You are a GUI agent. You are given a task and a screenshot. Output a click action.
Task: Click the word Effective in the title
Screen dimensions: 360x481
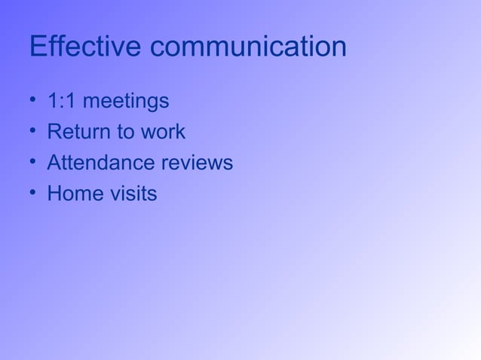pyautogui.click(x=85, y=47)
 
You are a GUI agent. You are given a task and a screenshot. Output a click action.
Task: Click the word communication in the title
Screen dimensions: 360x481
pyautogui.click(x=249, y=47)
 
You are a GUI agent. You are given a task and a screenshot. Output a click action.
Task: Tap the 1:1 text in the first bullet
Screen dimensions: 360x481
pyautogui.click(x=60, y=101)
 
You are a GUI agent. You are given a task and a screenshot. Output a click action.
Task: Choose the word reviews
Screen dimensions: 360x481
pyautogui.click(x=198, y=163)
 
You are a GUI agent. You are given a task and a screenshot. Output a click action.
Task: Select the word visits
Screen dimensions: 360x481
pyautogui.click(x=133, y=194)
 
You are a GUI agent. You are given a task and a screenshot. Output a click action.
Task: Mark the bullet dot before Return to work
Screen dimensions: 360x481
pyautogui.click(x=33, y=132)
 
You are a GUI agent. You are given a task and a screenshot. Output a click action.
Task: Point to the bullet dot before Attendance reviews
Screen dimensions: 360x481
pyautogui.click(x=33, y=163)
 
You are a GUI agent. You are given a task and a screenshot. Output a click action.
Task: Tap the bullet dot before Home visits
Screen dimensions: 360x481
pyautogui.click(x=33, y=194)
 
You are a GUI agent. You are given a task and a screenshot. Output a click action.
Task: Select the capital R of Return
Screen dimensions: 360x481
pyautogui.click(x=54, y=132)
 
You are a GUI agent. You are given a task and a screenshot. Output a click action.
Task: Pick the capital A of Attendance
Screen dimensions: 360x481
pyautogui.click(x=54, y=163)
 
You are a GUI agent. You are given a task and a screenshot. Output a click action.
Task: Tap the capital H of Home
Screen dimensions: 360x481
pyautogui.click(x=54, y=194)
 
